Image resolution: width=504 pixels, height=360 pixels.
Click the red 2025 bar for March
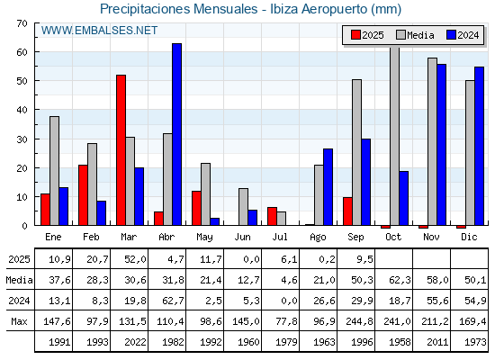tap(121, 150)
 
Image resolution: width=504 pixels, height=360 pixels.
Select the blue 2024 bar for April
tap(176, 134)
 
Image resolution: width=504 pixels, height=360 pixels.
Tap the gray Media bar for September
tap(356, 152)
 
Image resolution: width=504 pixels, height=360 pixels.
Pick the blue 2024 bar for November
tap(441, 145)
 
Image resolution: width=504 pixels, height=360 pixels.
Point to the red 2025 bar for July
tap(272, 216)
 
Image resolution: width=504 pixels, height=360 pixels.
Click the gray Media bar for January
tap(54, 171)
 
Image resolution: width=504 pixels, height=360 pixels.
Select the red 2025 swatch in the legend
tap(355, 35)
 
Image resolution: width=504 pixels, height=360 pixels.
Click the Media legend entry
tap(415, 35)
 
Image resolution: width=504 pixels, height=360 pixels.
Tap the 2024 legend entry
tap(463, 35)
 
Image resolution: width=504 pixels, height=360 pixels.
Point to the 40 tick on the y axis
tap(36, 110)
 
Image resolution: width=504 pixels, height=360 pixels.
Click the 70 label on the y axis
tap(22, 23)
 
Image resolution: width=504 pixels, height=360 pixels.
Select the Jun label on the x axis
tap(242, 237)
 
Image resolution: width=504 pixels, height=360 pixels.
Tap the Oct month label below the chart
tap(393, 237)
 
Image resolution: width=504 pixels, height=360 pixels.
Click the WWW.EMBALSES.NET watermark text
tap(99, 31)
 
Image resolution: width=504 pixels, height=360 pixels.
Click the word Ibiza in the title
tap(283, 9)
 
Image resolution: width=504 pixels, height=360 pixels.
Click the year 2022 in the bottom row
tap(135, 342)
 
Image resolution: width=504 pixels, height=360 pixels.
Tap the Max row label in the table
tap(19, 321)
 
